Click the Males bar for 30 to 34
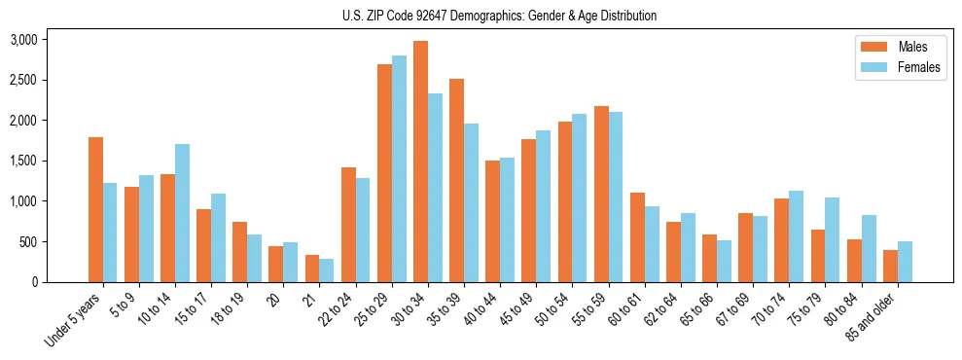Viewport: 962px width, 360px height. click(420, 162)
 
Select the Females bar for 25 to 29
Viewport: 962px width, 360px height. click(399, 168)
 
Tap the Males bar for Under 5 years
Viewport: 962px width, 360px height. click(95, 209)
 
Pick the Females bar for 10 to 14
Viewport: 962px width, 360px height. click(182, 213)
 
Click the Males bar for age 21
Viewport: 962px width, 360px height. click(312, 269)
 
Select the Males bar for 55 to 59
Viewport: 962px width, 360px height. click(601, 194)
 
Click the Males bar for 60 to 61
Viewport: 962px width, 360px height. click(637, 237)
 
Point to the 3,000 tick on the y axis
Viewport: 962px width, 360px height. click(23, 40)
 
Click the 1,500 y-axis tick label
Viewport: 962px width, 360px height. click(23, 161)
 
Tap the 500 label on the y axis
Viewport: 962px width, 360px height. click(29, 241)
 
